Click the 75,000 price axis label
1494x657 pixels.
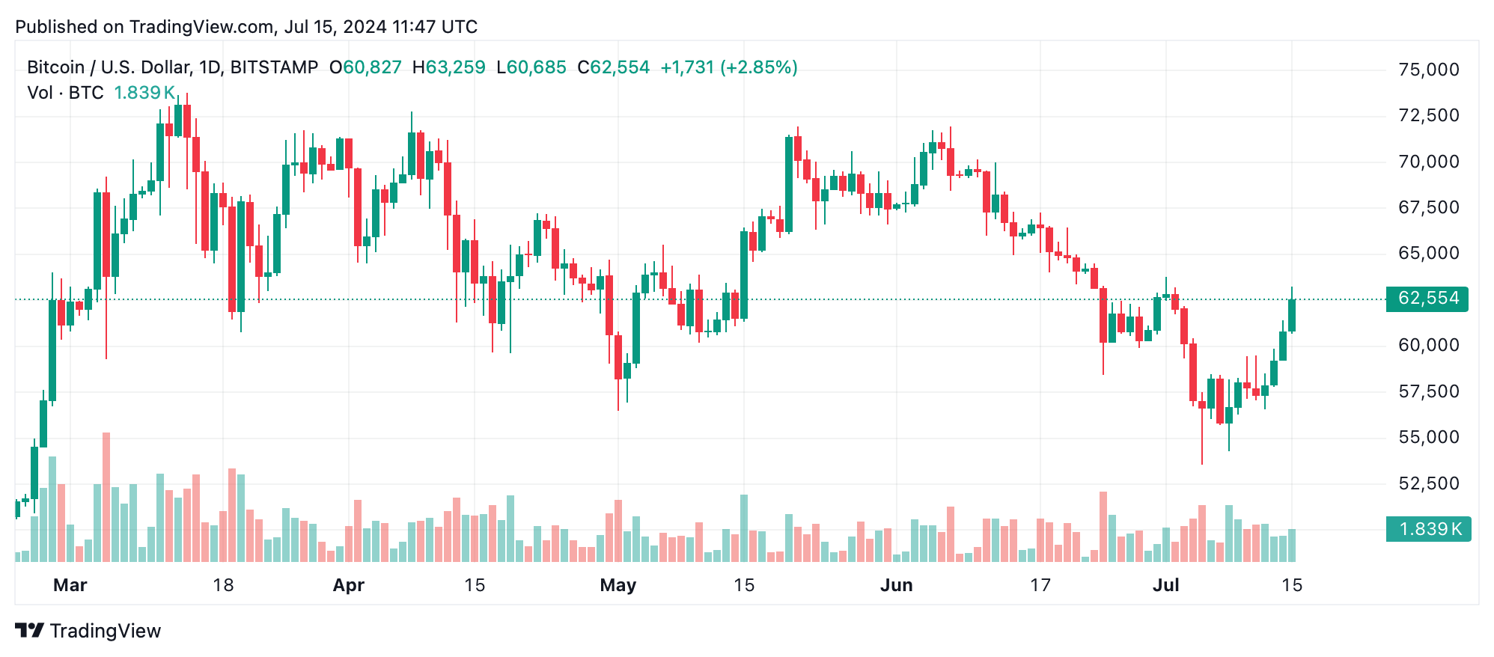pyautogui.click(x=1428, y=70)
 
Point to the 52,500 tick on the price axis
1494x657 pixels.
pyautogui.click(x=1428, y=483)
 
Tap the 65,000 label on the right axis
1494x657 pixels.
pyautogui.click(x=1428, y=253)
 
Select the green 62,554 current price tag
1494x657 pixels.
pyautogui.click(x=1427, y=299)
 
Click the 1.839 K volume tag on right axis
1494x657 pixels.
pyautogui.click(x=1428, y=529)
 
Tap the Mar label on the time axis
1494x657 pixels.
pyautogui.click(x=70, y=585)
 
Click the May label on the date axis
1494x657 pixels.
pyautogui.click(x=618, y=585)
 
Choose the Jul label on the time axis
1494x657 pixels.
pyautogui.click(x=1165, y=585)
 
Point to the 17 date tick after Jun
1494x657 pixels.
pyautogui.click(x=1040, y=585)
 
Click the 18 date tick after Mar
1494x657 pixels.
pyautogui.click(x=223, y=585)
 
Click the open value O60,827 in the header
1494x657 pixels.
pyautogui.click(x=365, y=67)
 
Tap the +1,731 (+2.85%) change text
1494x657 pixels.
pyautogui.click(x=728, y=67)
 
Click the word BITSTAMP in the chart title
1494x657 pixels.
pyautogui.click(x=274, y=67)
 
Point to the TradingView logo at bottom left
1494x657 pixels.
pyautogui.click(x=88, y=631)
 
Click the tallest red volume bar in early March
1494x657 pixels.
pyautogui.click(x=106, y=497)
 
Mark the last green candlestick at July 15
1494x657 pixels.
pyautogui.click(x=1292, y=315)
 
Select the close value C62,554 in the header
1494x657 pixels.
pyautogui.click(x=613, y=67)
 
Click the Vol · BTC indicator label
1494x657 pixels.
pyautogui.click(x=65, y=93)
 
